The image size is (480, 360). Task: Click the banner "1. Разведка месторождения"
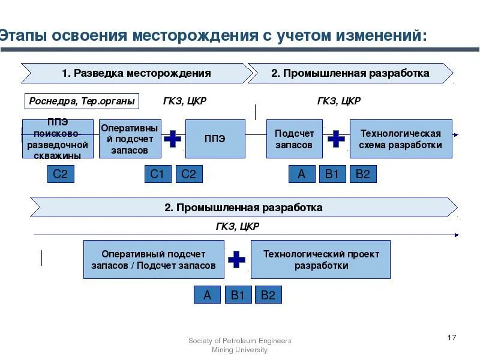coord(136,73)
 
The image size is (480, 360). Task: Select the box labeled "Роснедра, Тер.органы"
coord(82,101)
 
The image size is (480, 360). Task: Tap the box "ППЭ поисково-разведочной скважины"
coord(58,139)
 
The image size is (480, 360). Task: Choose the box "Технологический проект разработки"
coord(320,259)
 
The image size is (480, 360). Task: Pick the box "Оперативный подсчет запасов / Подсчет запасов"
coord(154,259)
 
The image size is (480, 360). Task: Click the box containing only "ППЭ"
coord(215,139)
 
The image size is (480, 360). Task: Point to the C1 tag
coord(157,174)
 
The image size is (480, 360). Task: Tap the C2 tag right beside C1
coord(188,174)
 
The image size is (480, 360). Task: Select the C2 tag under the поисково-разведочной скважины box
coord(60,174)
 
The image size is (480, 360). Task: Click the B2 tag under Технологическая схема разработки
coord(362,174)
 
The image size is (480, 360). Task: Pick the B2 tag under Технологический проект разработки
coord(268,295)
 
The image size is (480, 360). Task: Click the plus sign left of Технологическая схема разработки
coord(336,139)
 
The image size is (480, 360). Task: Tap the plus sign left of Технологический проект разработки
coord(237,259)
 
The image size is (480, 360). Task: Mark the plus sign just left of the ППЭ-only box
coord(173,139)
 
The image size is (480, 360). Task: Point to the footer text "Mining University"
coord(240,350)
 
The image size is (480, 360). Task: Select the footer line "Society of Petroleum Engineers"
coord(240,341)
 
